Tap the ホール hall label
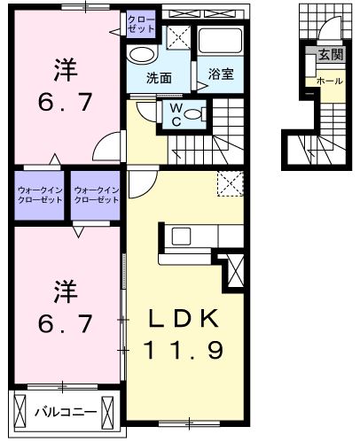pos(330,81)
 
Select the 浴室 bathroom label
pos(221,74)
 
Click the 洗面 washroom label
pos(159,78)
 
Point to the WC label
pos(176,115)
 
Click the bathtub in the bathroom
pos(220,41)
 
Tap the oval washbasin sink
pos(142,55)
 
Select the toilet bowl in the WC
pos(193,114)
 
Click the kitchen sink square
pos(181,237)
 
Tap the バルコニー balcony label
pos(66,412)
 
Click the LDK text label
pos(184,318)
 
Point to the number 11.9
pos(184,350)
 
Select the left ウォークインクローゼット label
pos(40,195)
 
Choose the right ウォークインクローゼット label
pos(97,195)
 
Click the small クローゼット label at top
pos(141,24)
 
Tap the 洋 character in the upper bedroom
pos(66,70)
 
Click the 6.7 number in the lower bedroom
pos(66,323)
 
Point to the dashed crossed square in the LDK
pos(231,183)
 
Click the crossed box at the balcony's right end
pos(107,411)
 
